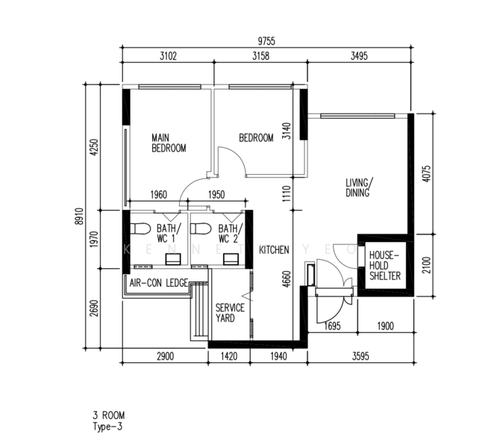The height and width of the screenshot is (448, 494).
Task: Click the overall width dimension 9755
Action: coord(266,41)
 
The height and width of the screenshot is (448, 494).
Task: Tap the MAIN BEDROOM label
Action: coord(169,143)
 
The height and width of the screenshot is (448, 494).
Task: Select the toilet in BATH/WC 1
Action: coord(140,228)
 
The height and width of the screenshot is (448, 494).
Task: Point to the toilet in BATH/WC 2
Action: coord(201,228)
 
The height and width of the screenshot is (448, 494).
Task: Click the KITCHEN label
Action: coord(274,250)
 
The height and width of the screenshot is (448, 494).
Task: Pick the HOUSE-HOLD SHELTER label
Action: coord(384,266)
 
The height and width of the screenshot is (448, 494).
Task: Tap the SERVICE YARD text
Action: coord(230,313)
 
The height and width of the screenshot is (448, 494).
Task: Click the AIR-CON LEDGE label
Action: coord(159,283)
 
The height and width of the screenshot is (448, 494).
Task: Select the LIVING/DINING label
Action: coord(359,187)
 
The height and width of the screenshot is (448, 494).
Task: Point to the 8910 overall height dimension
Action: coord(78,217)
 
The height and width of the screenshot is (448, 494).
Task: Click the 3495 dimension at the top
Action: coord(359,56)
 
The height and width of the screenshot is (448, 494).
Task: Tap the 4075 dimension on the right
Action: coord(426,174)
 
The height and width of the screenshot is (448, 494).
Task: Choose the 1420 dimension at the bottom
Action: coord(229,357)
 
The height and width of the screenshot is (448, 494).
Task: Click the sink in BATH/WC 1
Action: coord(173,259)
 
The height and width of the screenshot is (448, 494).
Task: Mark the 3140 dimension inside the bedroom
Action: coord(287,131)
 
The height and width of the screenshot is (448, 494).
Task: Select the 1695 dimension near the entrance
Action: coord(332,326)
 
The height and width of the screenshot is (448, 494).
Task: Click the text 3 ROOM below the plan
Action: coord(109,415)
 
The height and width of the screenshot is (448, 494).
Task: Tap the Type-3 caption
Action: coord(107,426)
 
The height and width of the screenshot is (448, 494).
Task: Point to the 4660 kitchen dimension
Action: coord(287,279)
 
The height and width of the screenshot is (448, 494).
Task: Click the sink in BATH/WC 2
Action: coord(231,259)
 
